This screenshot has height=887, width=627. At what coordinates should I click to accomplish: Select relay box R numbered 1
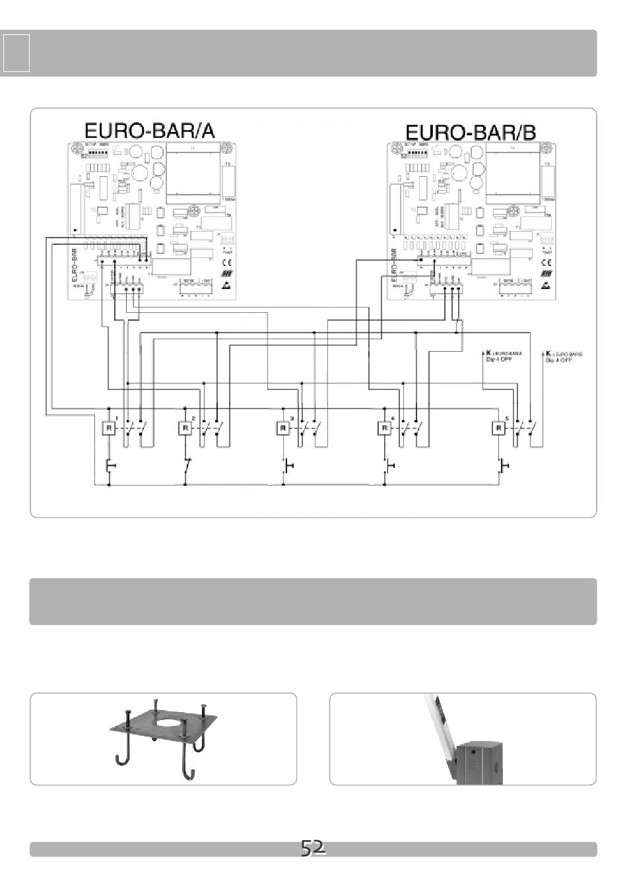108,428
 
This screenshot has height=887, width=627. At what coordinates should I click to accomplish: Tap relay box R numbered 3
283,428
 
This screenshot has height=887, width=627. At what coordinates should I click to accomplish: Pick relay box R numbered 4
384,428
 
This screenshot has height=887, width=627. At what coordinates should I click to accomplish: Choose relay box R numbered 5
499,428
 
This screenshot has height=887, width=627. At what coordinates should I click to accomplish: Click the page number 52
313,848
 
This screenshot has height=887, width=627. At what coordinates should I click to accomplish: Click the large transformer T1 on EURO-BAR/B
512,173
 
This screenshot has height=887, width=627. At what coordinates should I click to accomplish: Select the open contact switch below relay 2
188,466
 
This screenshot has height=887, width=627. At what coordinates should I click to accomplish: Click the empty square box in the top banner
16,53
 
